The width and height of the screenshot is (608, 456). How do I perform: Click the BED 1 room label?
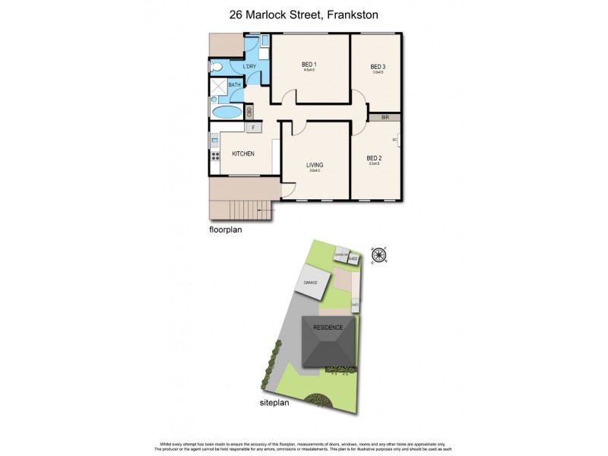click(308, 65)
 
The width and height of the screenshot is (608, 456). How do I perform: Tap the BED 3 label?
click(378, 67)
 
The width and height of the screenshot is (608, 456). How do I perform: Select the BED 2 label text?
click(374, 158)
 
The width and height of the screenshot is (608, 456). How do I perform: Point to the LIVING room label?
click(315, 165)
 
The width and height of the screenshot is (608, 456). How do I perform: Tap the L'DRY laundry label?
click(249, 68)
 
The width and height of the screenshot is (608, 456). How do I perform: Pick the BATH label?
click(235, 85)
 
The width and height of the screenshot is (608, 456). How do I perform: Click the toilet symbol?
click(216, 68)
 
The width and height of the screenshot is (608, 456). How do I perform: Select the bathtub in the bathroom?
click(226, 112)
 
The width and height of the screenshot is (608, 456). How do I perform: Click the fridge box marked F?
click(253, 127)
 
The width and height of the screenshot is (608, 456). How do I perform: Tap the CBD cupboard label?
click(249, 112)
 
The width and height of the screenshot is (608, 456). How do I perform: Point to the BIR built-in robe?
click(385, 118)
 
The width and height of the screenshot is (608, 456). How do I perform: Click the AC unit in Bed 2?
click(396, 141)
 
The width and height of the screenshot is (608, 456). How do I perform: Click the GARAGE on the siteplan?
click(312, 283)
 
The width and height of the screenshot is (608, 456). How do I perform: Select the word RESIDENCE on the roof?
click(328, 327)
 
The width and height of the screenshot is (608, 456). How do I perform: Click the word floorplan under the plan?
click(226, 228)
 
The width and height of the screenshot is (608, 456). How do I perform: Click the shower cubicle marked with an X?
click(216, 87)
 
